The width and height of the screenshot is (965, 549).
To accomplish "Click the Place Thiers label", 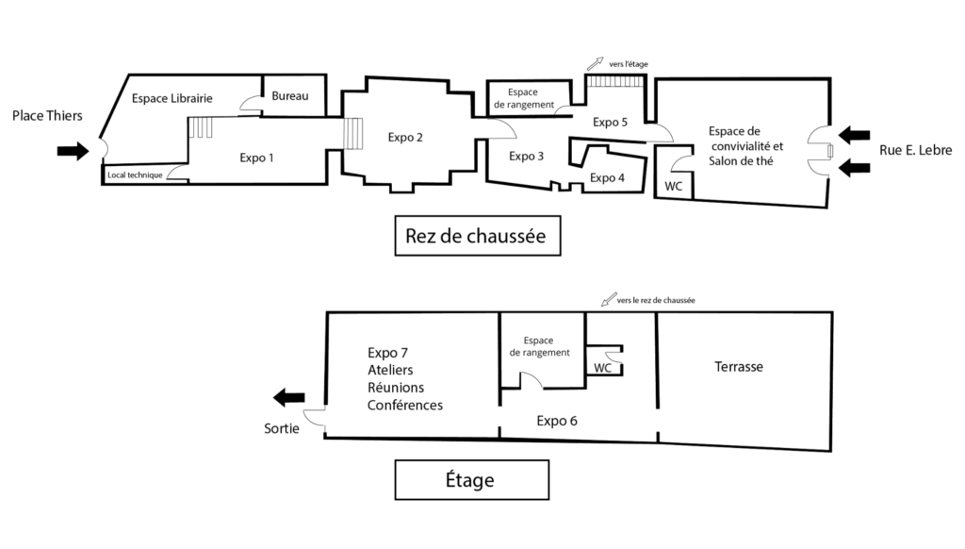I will [47, 116].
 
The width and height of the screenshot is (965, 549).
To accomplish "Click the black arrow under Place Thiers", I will [72, 151].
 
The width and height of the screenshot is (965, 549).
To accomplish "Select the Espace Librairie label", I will [172, 98].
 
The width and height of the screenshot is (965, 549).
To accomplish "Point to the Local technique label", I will [134, 175].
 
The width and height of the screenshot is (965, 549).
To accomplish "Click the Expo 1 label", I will [256, 158].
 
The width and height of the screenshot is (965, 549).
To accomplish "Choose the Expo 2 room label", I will [405, 137].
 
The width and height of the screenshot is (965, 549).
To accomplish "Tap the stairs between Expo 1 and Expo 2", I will [352, 134].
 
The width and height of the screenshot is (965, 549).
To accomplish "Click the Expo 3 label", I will [527, 157].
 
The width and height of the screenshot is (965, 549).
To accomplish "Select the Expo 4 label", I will [607, 177].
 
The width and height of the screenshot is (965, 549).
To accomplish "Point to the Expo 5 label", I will [610, 122].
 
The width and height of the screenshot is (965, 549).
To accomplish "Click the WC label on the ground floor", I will [674, 186].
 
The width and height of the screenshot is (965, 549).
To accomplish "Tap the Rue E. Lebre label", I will [915, 150].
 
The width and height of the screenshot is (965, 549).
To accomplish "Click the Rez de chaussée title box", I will [476, 236].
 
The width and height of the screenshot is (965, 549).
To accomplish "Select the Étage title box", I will [470, 480].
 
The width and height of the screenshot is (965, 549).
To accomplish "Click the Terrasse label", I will [738, 367].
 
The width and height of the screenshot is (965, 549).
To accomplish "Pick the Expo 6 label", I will [557, 421].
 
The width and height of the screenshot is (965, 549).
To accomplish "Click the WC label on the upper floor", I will [603, 368].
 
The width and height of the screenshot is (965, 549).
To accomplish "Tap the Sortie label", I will [283, 428].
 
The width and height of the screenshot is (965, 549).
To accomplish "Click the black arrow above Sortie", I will [289, 397].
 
